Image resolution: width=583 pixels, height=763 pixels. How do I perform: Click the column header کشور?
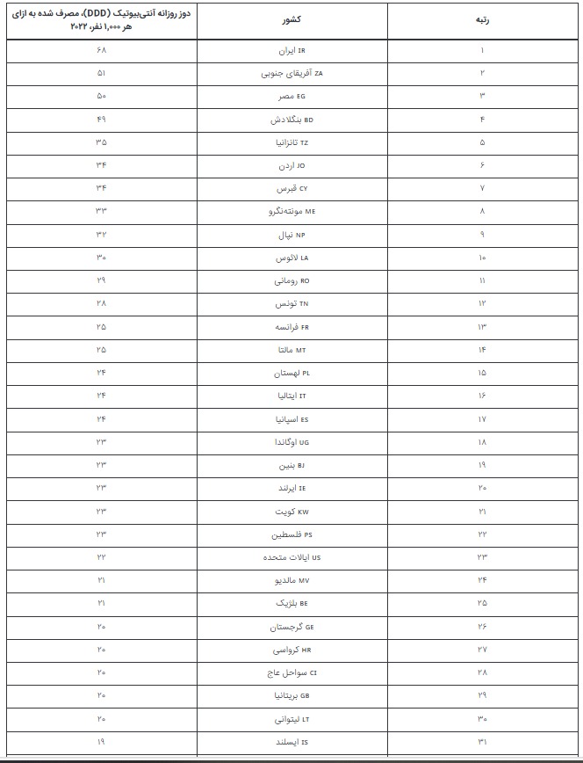(x=291, y=19)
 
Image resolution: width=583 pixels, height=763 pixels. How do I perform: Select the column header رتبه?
(x=482, y=19)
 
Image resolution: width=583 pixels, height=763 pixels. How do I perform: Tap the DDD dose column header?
(x=102, y=20)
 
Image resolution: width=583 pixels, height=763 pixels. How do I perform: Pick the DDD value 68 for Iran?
(x=102, y=51)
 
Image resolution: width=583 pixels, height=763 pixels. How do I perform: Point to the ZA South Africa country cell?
(x=291, y=74)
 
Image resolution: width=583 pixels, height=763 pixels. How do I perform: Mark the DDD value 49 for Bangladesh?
(x=102, y=120)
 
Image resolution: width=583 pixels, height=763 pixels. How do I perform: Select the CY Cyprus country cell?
(x=291, y=189)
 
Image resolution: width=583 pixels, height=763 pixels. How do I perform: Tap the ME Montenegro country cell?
(x=291, y=212)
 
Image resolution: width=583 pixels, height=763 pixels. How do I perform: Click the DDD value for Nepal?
(x=102, y=235)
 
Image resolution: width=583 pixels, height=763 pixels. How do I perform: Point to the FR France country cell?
(x=291, y=327)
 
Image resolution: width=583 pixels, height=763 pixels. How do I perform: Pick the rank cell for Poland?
(x=482, y=373)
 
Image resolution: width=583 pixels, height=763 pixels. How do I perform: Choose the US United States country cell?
(x=291, y=557)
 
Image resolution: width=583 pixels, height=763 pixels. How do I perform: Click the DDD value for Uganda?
(x=102, y=441)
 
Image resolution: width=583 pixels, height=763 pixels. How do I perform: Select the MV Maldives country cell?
(x=291, y=580)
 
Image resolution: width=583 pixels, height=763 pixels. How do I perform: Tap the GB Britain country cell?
(x=291, y=695)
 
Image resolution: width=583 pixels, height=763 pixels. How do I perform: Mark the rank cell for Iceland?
(x=482, y=742)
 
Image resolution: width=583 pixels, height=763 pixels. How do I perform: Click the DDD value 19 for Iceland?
(x=102, y=741)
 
